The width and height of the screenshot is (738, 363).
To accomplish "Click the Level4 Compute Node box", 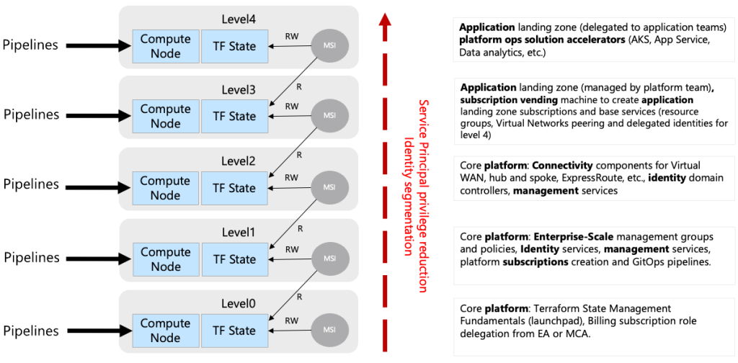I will tap(164, 46).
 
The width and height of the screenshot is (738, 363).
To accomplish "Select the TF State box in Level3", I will tap(234, 116).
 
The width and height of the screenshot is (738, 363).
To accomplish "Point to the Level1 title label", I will tap(238, 233).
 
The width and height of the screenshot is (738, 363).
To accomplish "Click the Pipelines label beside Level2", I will tap(31, 184).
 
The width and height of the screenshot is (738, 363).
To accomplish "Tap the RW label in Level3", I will tap(292, 105).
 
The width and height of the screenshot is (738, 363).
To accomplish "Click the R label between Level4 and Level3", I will tap(298, 87).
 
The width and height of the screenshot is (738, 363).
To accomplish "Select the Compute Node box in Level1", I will tap(164, 259).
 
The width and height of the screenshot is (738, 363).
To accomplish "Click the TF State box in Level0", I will tap(234, 331).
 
